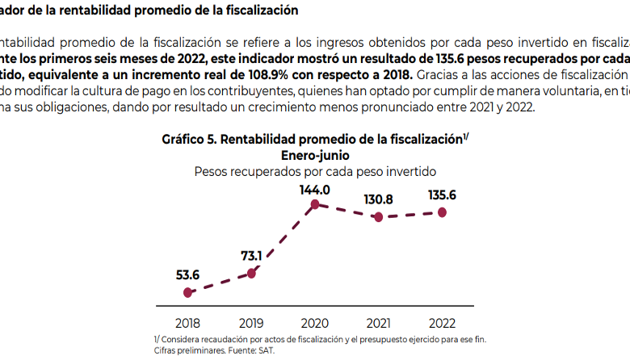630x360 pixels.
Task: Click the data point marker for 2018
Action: coord(188,292)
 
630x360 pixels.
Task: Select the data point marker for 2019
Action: coord(251,273)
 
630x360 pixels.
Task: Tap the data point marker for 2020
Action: coord(315,205)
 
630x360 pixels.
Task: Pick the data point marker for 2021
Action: coord(378,217)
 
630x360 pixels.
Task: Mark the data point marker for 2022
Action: coord(442,212)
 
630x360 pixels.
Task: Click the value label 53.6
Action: coord(188,274)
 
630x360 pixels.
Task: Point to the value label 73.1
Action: coord(251,256)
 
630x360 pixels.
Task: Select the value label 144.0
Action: coord(315,189)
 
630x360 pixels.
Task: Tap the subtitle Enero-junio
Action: coord(315,155)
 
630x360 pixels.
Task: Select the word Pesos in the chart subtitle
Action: coord(212,171)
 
